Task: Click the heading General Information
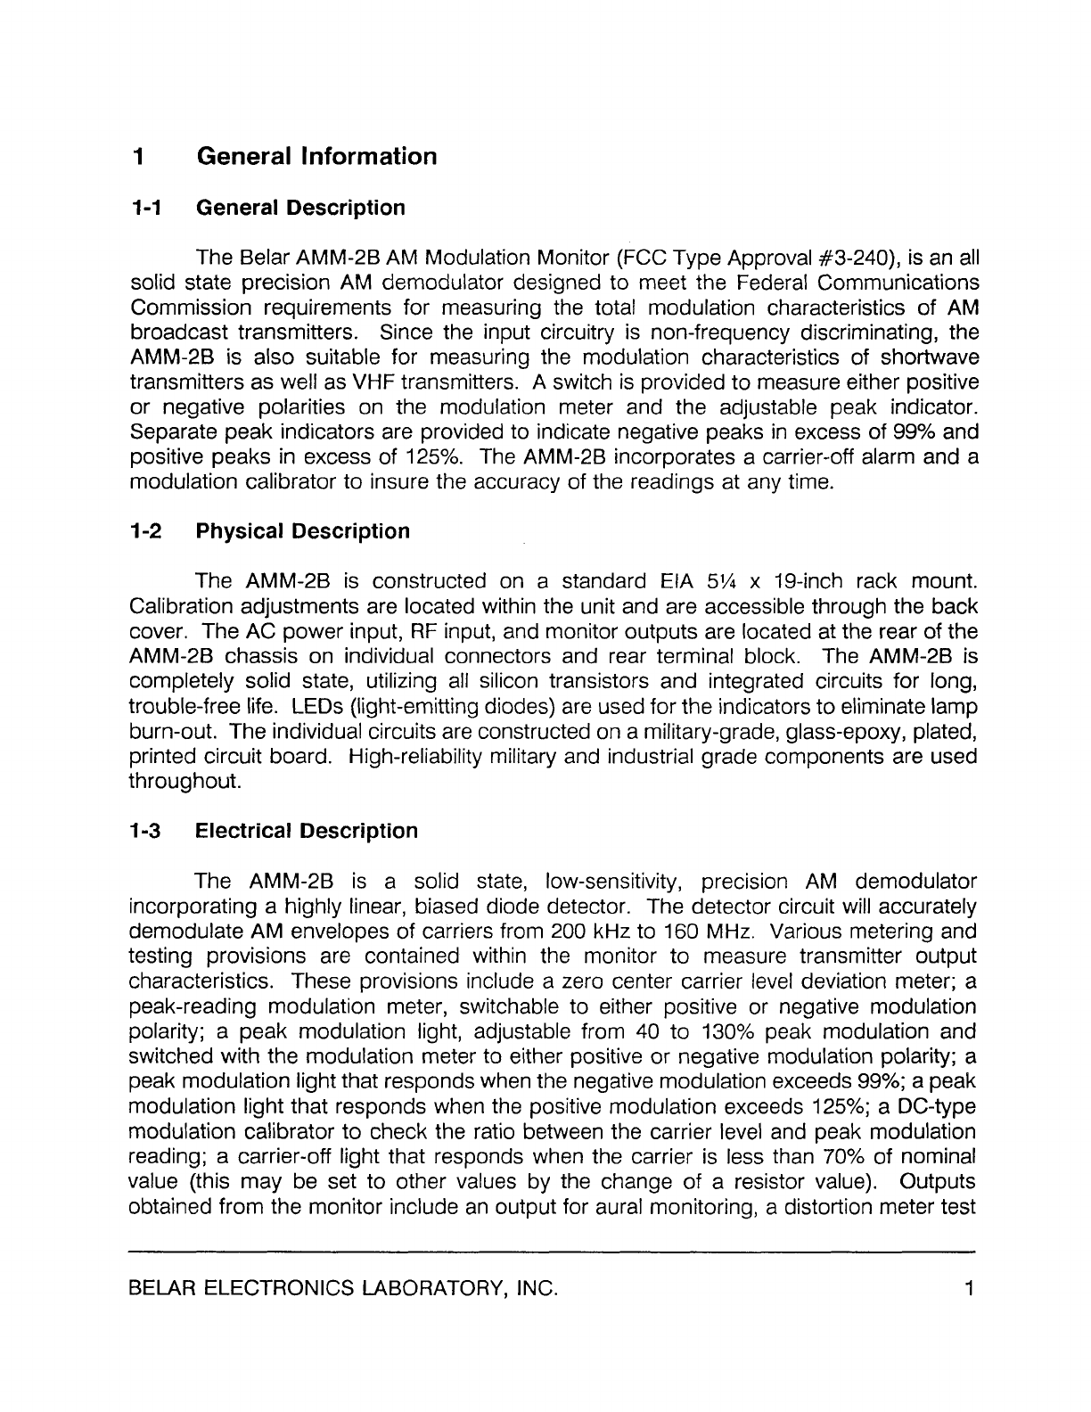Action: coord(316,157)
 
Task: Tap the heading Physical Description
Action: coord(302,532)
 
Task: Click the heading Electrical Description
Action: coord(306,832)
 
